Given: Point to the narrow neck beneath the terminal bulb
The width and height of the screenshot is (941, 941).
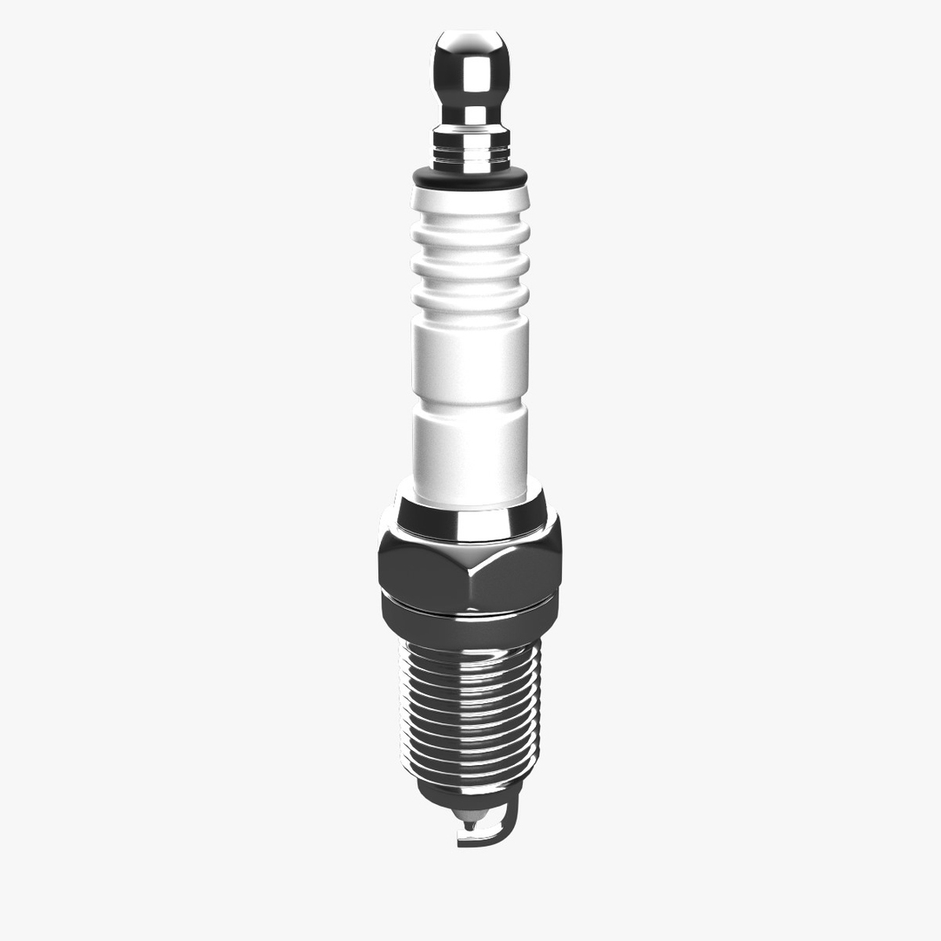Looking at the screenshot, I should [x=471, y=114].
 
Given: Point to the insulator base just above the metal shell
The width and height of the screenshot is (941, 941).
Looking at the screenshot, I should [x=471, y=488].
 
